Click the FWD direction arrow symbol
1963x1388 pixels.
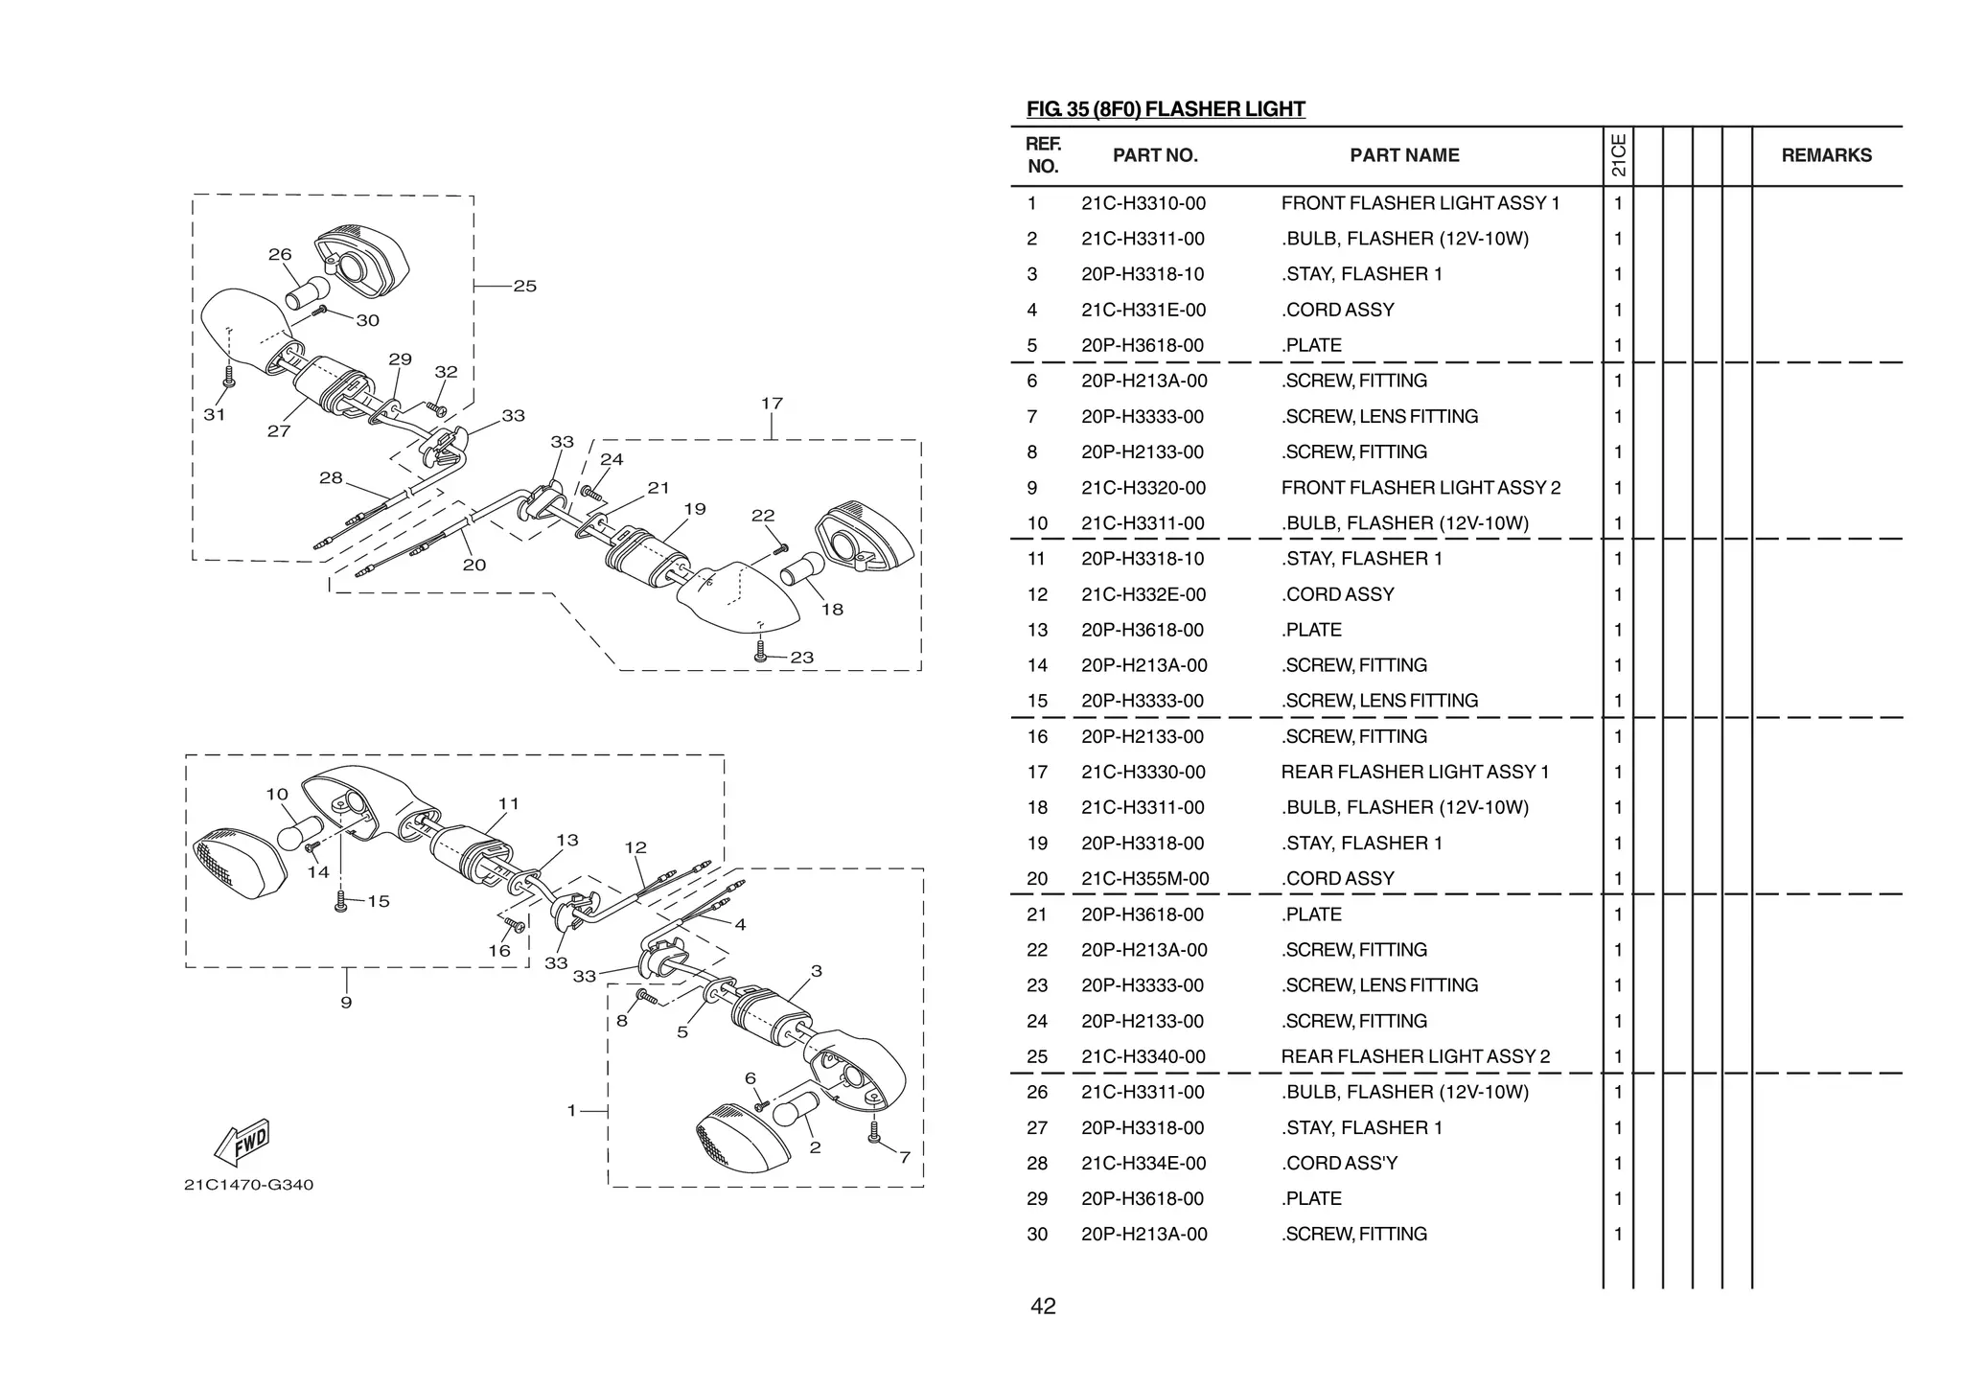point(241,1142)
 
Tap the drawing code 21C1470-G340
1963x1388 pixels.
point(248,1185)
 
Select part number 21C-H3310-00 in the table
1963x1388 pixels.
point(1143,203)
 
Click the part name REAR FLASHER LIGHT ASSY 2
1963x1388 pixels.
point(1415,1056)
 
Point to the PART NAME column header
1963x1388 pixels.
point(1404,155)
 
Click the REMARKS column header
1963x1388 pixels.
point(1826,155)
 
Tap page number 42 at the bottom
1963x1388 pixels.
point(1043,1307)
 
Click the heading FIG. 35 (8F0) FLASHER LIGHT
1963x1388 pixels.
point(1165,109)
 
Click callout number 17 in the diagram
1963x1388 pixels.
point(772,404)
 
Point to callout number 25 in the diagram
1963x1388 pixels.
point(524,286)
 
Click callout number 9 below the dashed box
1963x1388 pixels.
point(346,1003)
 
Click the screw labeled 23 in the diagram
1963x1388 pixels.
point(760,652)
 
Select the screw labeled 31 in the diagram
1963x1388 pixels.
point(228,378)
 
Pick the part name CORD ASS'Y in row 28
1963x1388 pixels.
point(1340,1163)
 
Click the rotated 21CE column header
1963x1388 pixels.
point(1618,155)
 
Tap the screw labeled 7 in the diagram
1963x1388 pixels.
point(873,1133)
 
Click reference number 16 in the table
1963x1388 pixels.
point(1037,736)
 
